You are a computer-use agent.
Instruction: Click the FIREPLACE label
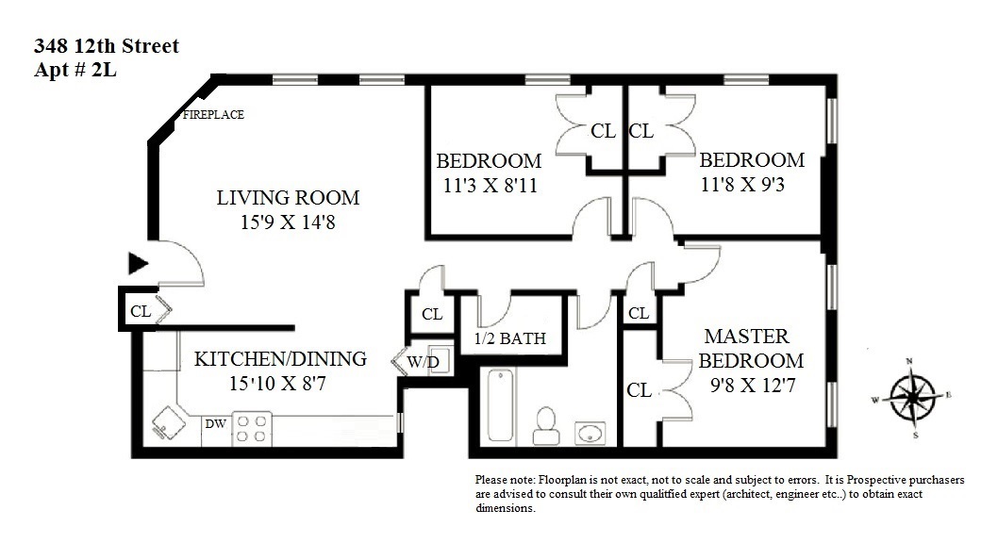tap(213, 114)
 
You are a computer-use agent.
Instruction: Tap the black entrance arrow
tap(138, 263)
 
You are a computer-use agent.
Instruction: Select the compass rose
tap(913, 397)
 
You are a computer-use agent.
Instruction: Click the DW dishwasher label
tap(216, 423)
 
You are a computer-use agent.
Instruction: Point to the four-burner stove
tap(252, 429)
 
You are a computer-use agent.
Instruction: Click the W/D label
tap(423, 362)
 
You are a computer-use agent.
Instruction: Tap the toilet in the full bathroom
tap(546, 426)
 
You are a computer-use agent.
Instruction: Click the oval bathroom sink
tap(590, 433)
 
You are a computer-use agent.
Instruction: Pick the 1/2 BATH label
tap(510, 338)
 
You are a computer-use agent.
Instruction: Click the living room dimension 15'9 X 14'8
tap(288, 222)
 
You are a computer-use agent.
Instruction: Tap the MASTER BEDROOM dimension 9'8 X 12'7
tap(753, 385)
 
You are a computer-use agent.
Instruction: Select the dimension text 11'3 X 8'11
tap(490, 185)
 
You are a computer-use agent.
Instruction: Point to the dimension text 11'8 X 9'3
tap(742, 184)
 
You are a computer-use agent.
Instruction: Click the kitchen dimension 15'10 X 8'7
tap(277, 383)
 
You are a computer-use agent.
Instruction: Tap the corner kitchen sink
tap(168, 423)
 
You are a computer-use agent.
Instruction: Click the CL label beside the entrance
tap(141, 311)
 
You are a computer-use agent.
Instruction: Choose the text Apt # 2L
tap(75, 70)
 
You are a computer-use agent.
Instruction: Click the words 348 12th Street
tap(107, 45)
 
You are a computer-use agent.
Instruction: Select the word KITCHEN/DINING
tap(280, 358)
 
